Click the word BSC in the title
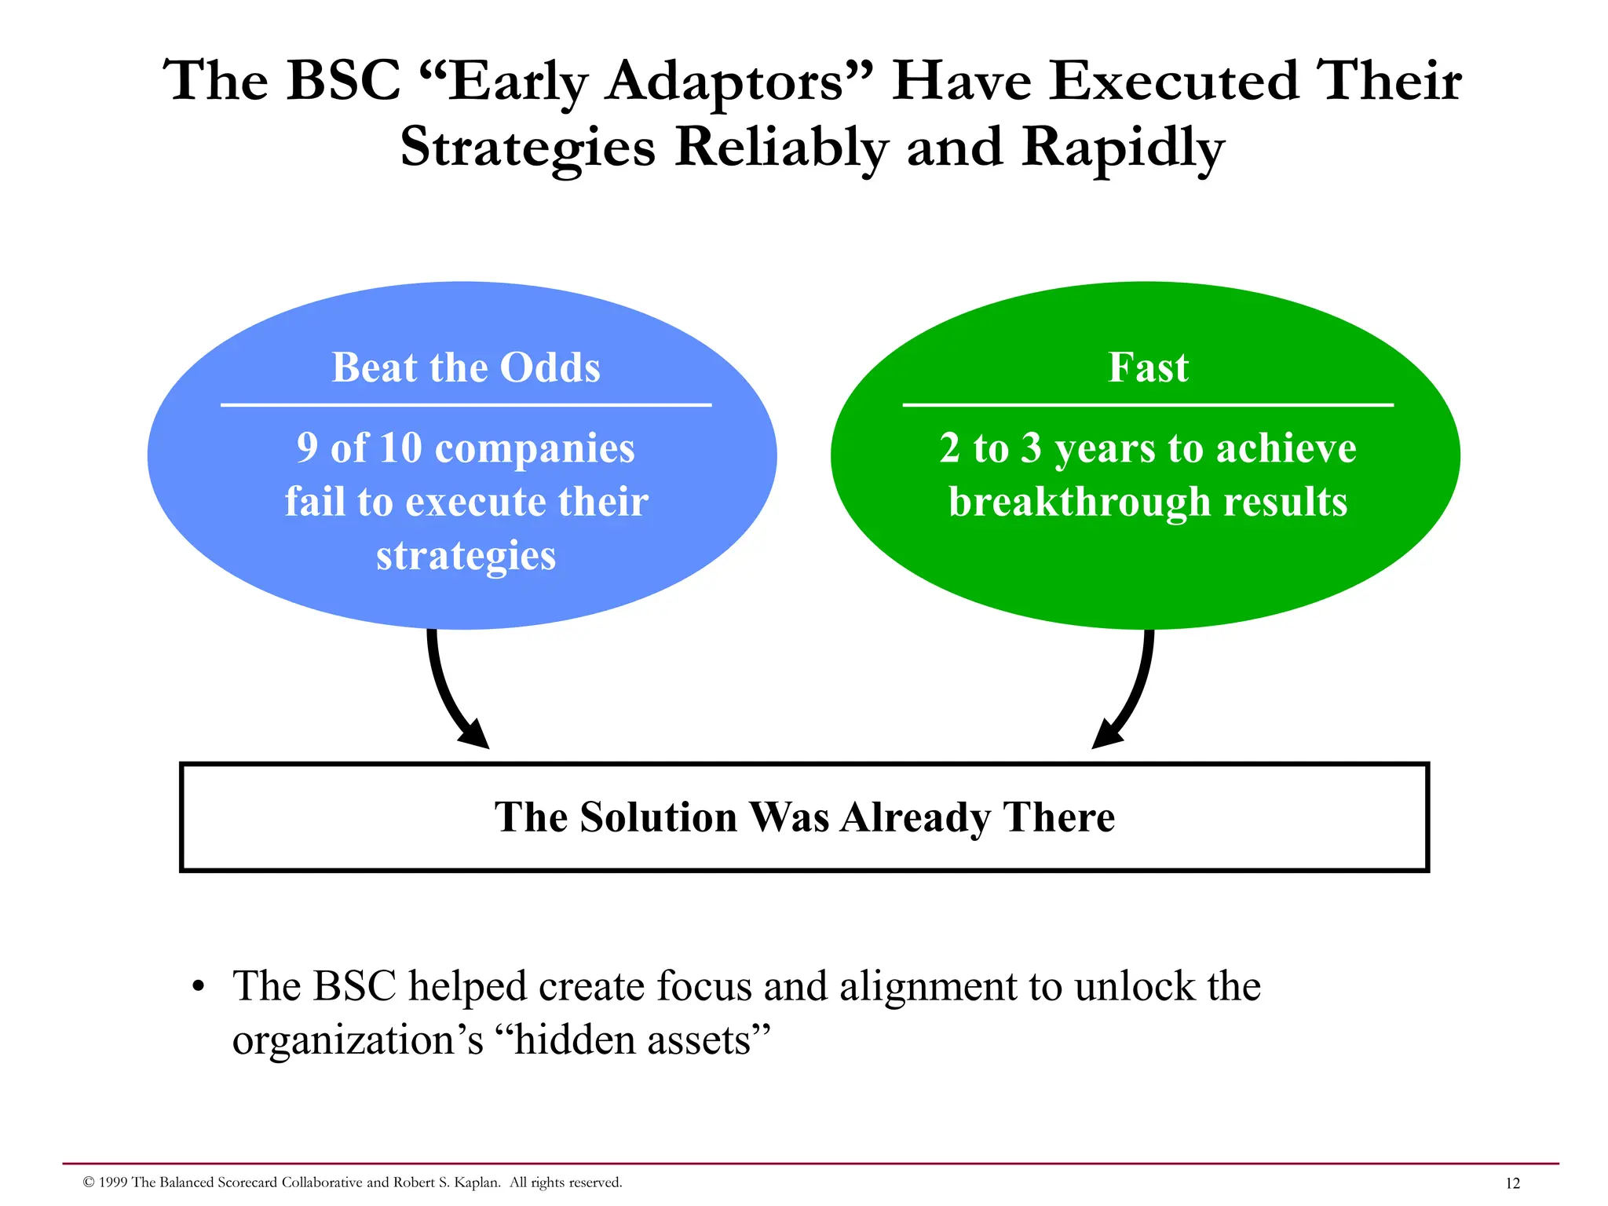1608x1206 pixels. pyautogui.click(x=343, y=81)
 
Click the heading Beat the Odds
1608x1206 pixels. pyautogui.click(x=466, y=367)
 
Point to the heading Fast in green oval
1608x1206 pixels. pyautogui.click(x=1148, y=367)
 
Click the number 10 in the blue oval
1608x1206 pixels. pyautogui.click(x=400, y=448)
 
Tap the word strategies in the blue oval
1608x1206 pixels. pyautogui.click(x=466, y=556)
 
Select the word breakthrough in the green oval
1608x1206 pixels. pyautogui.click(x=1080, y=502)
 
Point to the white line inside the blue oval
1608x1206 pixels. pyautogui.click(x=466, y=405)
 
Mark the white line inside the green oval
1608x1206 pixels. pyautogui.click(x=1148, y=405)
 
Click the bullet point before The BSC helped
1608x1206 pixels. pyautogui.click(x=199, y=988)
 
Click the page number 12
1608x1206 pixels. pyautogui.click(x=1512, y=1183)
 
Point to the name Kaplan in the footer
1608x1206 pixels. pyautogui.click(x=475, y=1182)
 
